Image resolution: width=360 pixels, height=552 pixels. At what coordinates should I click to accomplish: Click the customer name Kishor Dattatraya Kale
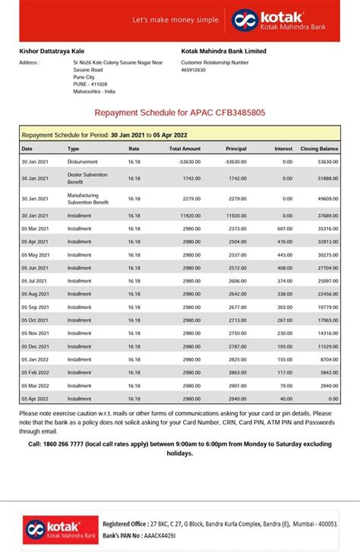click(52, 50)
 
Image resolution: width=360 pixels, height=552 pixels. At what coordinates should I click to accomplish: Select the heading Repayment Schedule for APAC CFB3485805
click(180, 112)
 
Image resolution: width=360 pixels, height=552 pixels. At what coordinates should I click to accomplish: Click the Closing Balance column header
click(319, 149)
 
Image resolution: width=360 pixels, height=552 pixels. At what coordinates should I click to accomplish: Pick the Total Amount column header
click(185, 149)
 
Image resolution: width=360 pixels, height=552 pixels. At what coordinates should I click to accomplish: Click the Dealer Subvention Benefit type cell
click(88, 178)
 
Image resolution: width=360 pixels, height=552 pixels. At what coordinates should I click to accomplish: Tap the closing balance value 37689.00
click(328, 215)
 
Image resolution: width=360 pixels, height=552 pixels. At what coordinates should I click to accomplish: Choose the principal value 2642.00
click(237, 294)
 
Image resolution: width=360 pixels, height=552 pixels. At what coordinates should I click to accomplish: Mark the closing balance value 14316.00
click(328, 333)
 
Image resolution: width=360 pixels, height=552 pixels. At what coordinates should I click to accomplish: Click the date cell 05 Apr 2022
click(35, 399)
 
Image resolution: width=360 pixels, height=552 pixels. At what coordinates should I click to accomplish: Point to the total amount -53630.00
click(189, 162)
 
